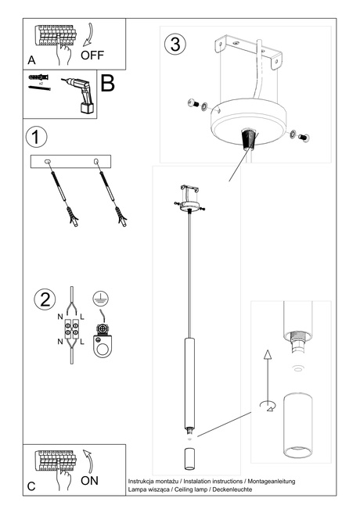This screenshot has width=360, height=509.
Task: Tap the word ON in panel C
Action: (x=90, y=481)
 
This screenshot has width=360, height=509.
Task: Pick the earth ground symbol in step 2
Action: (x=99, y=297)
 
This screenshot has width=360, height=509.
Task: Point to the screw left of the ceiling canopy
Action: (x=194, y=104)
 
